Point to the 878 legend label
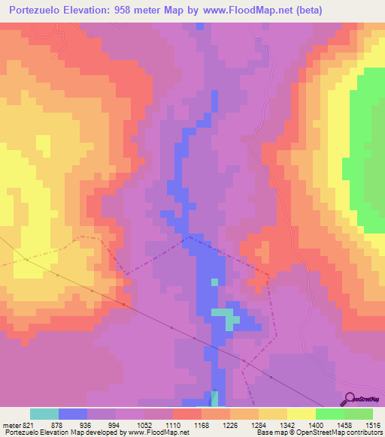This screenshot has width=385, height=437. [53, 423]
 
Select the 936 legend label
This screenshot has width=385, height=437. [82, 423]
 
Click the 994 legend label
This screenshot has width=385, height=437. [111, 423]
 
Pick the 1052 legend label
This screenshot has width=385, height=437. [141, 423]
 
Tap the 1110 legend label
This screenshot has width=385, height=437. [169, 423]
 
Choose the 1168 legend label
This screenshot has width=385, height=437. [198, 423]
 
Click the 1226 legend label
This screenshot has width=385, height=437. [226, 423]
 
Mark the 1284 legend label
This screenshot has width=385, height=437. [255, 423]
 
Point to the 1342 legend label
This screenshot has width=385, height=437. [283, 423]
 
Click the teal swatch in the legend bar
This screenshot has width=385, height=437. [44, 414]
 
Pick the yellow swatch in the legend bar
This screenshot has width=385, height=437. [301, 414]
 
